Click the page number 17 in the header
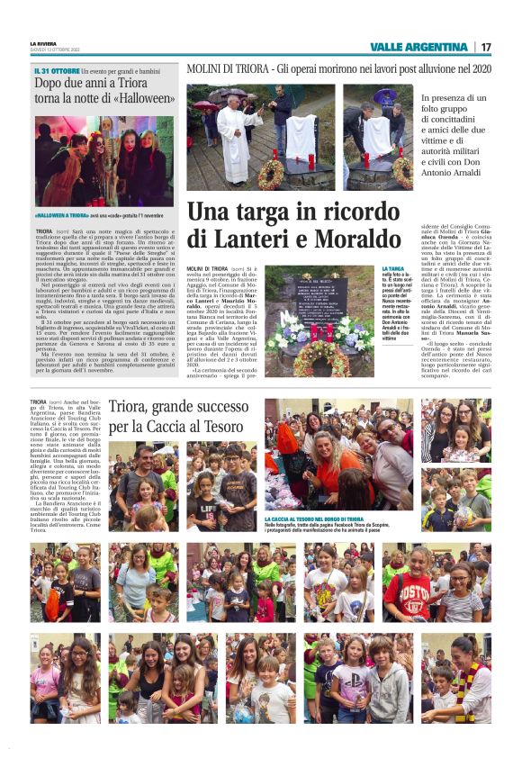click(486, 47)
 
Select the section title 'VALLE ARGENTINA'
click(419, 47)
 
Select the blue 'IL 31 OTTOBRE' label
click(55, 69)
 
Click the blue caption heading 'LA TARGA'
click(393, 268)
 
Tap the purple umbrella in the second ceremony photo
click(385, 94)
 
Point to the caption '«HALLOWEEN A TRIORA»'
click(61, 216)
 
